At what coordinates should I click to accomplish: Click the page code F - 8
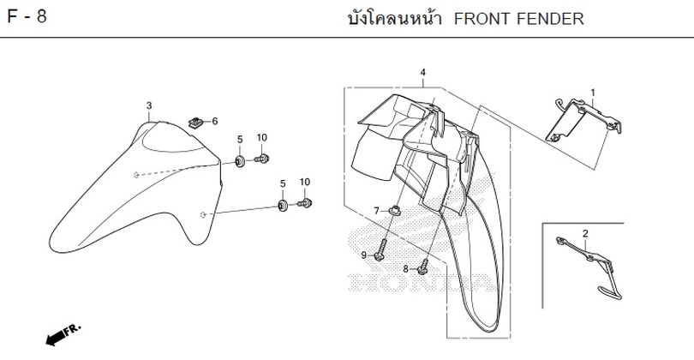pyautogui.click(x=27, y=18)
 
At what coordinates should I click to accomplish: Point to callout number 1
pyautogui.click(x=592, y=92)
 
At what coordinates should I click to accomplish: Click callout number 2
pyautogui.click(x=585, y=233)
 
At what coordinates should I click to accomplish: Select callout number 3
pyautogui.click(x=148, y=105)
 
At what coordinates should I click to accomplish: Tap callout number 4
pyautogui.click(x=422, y=74)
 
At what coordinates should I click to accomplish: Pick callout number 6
pyautogui.click(x=214, y=121)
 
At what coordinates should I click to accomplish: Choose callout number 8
pyautogui.click(x=406, y=269)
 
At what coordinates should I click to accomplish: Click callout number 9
pyautogui.click(x=363, y=255)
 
